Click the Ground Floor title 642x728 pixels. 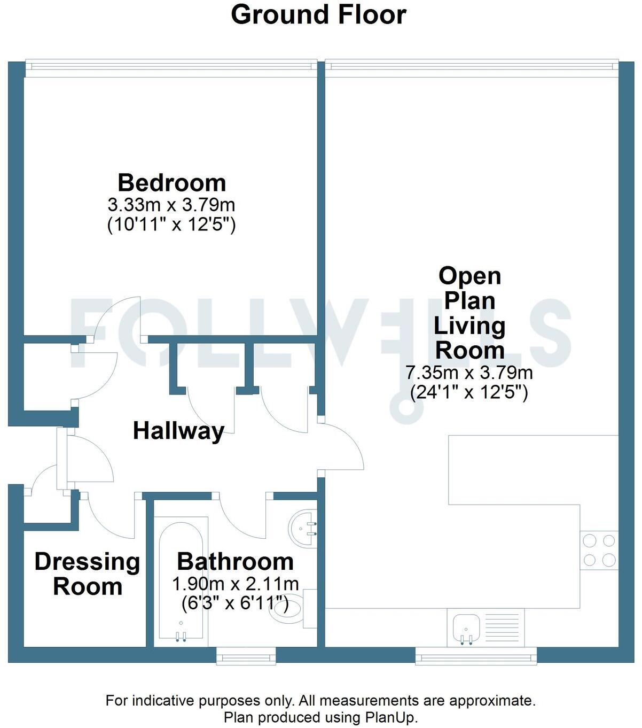[318, 15]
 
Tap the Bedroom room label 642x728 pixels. [171, 183]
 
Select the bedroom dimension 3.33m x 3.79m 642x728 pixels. [171, 205]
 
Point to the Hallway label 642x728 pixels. [178, 431]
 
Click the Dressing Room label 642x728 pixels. [87, 574]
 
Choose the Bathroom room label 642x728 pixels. [235, 561]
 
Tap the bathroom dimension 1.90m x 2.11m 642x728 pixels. [235, 584]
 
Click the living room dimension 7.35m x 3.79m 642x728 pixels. [469, 373]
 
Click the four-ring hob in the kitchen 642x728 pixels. [599, 551]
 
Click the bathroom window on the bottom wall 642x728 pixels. [246, 657]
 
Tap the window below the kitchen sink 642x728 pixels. [476, 657]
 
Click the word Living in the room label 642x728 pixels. [469, 326]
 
